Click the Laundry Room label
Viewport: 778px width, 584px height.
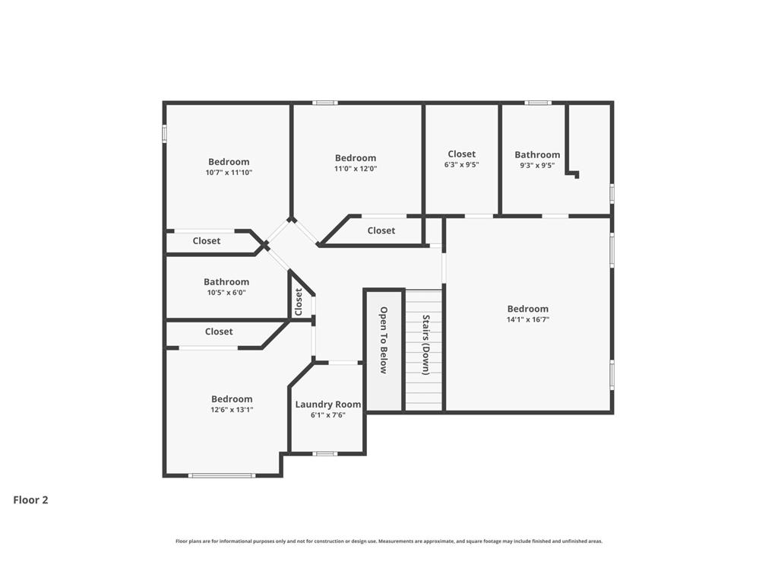pos(328,405)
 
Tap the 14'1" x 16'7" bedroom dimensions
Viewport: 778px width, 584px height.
pos(528,320)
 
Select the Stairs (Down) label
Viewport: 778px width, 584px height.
pos(425,345)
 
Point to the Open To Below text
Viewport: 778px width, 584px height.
pos(384,340)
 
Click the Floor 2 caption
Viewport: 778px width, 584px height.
pos(30,500)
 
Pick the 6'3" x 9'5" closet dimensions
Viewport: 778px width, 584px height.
pos(461,165)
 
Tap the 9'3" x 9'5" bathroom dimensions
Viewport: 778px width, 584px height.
pos(537,166)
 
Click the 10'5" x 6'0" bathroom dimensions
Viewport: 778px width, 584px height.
pos(226,293)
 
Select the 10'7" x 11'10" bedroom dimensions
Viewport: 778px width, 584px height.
pos(229,173)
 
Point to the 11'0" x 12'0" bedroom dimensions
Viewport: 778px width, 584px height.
pos(356,169)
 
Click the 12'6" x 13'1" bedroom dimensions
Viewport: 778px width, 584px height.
pos(232,410)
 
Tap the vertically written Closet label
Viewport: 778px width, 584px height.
pos(298,302)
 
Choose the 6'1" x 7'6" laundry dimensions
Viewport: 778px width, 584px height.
pos(328,415)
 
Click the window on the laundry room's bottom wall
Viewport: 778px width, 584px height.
pos(325,453)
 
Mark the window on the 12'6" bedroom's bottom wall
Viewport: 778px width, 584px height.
pos(222,476)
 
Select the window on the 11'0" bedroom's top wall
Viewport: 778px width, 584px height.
pos(325,103)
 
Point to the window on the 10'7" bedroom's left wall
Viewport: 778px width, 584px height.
pos(165,133)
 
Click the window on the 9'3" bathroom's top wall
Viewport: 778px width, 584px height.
pos(538,103)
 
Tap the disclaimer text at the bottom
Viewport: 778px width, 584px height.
pos(389,541)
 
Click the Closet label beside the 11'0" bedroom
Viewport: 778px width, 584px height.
pos(381,230)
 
